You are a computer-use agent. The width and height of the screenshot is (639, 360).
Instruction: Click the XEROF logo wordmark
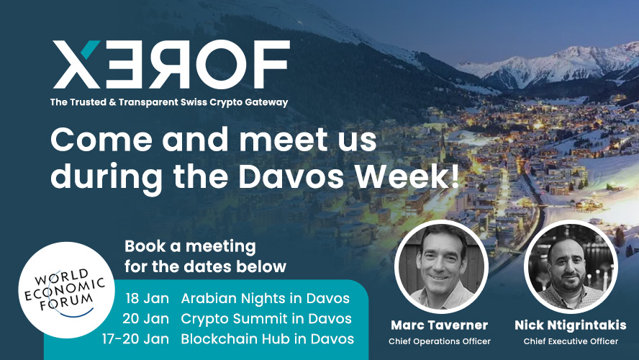[x=171, y=64]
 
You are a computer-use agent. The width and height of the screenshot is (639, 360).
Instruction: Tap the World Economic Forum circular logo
[x=66, y=290]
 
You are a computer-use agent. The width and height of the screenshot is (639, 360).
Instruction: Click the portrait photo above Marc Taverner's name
[x=441, y=266]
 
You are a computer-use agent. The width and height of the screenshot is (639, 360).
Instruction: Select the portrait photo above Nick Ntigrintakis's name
[x=571, y=266]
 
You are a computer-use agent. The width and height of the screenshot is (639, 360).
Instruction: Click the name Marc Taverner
[x=439, y=325]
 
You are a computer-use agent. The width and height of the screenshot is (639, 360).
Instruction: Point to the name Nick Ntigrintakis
[x=571, y=325]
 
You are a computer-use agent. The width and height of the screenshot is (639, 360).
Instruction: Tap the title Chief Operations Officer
[x=439, y=341]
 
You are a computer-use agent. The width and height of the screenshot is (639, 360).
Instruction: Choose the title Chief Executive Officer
[x=571, y=341]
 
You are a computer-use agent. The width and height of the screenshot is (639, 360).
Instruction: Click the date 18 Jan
[x=147, y=298]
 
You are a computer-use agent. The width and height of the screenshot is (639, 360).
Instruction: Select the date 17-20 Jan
[x=135, y=339]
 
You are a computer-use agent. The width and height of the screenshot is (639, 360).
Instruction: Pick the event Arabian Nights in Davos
[x=266, y=298]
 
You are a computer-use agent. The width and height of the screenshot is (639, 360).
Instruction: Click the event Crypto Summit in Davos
[x=266, y=318]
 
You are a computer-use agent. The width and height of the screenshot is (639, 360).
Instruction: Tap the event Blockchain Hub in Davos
[x=268, y=339]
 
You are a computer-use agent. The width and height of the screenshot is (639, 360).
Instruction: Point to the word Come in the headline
[x=101, y=140]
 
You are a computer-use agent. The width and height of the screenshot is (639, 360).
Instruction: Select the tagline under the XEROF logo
[x=169, y=102]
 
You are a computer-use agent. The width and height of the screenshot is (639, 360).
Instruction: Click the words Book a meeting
[x=190, y=246]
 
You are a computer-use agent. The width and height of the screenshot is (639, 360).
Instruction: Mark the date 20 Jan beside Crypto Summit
[x=146, y=318]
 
